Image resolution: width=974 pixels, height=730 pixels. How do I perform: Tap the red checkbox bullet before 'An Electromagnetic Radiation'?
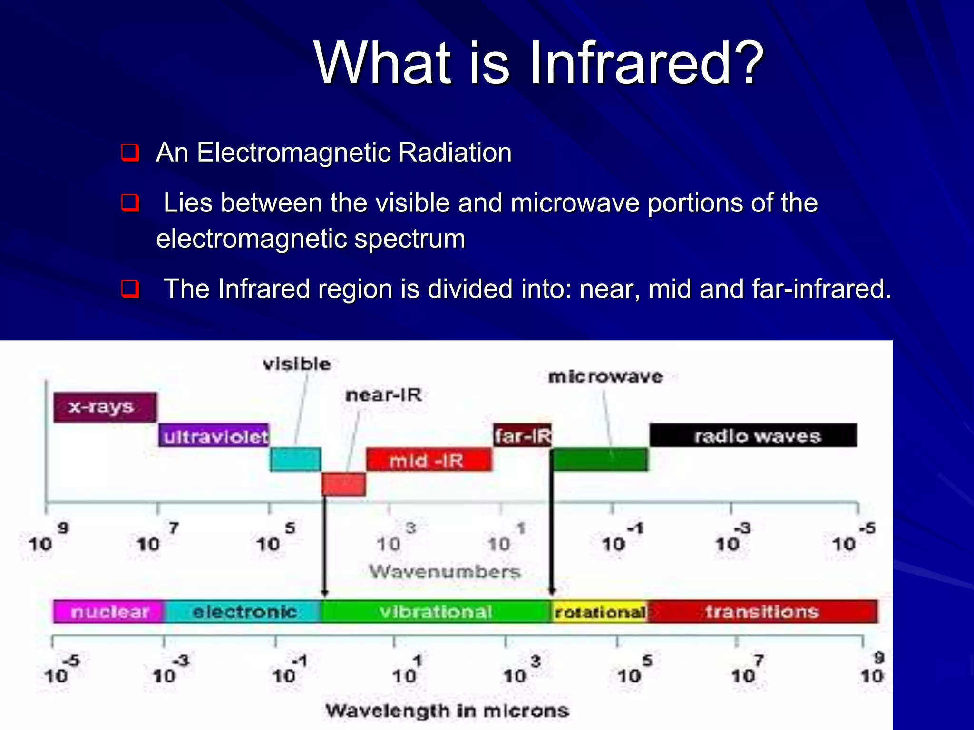pyautogui.click(x=130, y=153)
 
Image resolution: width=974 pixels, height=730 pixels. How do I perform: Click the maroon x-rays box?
pyautogui.click(x=105, y=407)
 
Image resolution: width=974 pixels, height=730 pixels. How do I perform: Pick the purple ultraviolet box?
pyautogui.click(x=214, y=435)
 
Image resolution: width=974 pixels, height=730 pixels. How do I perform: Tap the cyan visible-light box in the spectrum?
pyautogui.click(x=295, y=460)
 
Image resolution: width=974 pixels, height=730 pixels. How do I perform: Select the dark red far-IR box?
pyautogui.click(x=522, y=435)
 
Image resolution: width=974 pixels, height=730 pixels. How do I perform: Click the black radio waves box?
pyautogui.click(x=753, y=435)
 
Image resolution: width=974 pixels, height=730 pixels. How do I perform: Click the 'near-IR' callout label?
pyautogui.click(x=383, y=395)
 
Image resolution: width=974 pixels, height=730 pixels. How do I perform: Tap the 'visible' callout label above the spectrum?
pyautogui.click(x=297, y=365)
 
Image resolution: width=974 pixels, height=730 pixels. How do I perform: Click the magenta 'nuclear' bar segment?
pyautogui.click(x=109, y=612)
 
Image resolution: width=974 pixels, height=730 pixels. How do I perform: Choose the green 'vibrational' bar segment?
pyautogui.click(x=436, y=612)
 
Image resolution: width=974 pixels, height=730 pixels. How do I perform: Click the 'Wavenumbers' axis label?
pyautogui.click(x=445, y=572)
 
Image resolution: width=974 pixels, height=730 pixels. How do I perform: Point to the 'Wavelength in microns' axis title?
pyautogui.click(x=447, y=711)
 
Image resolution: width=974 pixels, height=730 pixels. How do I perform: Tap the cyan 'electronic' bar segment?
pyautogui.click(x=244, y=612)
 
